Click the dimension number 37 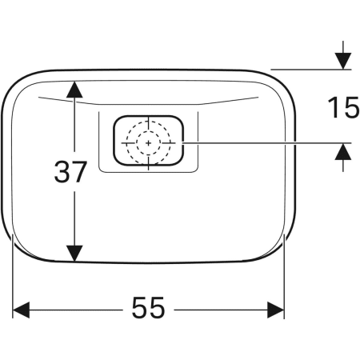(70, 172)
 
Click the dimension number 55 (148, 307)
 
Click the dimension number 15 (343, 107)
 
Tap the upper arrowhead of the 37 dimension (74, 89)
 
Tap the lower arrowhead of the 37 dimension (74, 254)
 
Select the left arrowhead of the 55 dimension (21, 310)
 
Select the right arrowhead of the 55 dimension (276, 310)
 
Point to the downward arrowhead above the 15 (343, 62)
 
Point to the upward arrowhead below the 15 (343, 151)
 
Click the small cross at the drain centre (149, 143)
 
